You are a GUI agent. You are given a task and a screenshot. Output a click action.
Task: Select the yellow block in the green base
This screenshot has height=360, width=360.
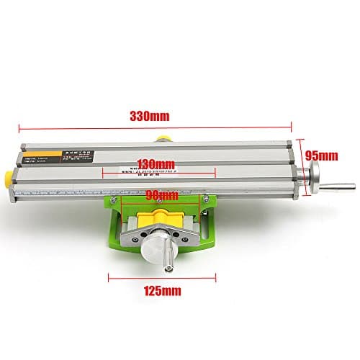[x=166, y=217]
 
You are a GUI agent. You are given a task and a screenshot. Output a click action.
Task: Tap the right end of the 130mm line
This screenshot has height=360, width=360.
[x=215, y=172]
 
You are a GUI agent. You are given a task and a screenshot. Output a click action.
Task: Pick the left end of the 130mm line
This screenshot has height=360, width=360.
[x=103, y=172]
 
